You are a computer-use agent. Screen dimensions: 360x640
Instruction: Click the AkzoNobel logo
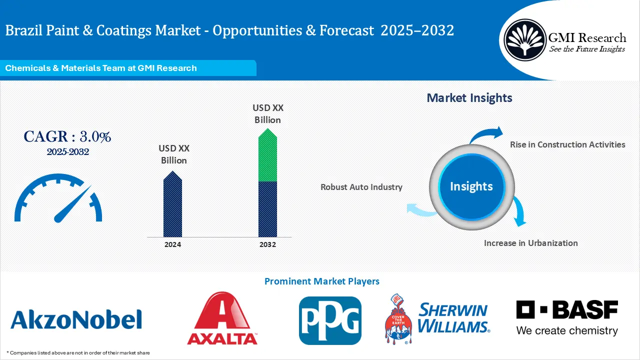pyautogui.click(x=76, y=319)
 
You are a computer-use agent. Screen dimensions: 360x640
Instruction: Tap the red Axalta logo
pyautogui.click(x=222, y=319)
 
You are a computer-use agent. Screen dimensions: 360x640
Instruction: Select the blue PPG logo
pyautogui.click(x=330, y=320)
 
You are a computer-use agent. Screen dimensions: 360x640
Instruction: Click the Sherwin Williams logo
pyautogui.click(x=437, y=319)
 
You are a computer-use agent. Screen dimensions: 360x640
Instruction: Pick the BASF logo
pyautogui.click(x=567, y=317)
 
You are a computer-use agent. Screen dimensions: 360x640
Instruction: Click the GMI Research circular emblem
pyautogui.click(x=524, y=39)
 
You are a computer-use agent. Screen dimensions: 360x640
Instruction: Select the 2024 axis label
pyautogui.click(x=172, y=244)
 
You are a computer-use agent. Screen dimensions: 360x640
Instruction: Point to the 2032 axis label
pyautogui.click(x=267, y=244)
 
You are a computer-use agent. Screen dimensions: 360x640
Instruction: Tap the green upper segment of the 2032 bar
pyautogui.click(x=267, y=157)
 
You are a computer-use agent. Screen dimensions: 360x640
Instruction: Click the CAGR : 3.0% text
pyautogui.click(x=67, y=136)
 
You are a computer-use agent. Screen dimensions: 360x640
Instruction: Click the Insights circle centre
pyautogui.click(x=471, y=186)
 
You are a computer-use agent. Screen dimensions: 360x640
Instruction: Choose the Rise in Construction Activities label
pyautogui.click(x=567, y=144)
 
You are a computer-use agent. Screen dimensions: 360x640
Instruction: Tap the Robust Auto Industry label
pyautogui.click(x=361, y=187)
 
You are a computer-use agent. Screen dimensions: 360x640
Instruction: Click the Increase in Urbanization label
pyautogui.click(x=530, y=243)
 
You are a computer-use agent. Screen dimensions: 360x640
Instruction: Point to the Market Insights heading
pyautogui.click(x=469, y=97)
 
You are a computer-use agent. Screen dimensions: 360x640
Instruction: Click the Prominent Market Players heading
pyautogui.click(x=321, y=281)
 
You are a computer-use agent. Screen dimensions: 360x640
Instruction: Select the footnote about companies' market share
pyautogui.click(x=78, y=352)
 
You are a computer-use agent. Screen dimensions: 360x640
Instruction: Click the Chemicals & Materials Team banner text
pyautogui.click(x=101, y=68)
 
